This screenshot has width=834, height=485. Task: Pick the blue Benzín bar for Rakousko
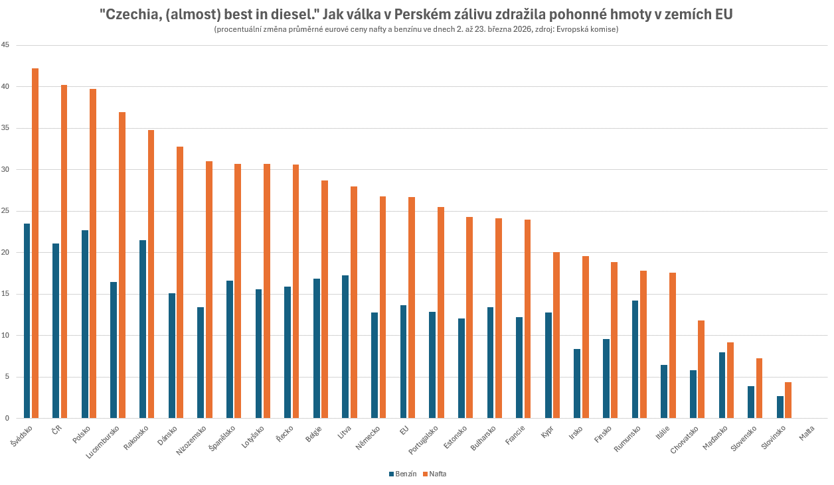pos(143,329)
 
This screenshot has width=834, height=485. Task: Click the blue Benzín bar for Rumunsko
pos(635,359)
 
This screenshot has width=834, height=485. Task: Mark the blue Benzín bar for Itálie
pos(664,391)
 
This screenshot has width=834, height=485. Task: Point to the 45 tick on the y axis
pos(5,45)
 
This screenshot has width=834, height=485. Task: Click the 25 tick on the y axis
pos(5,211)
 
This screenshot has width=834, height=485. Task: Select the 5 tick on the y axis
pos(7,377)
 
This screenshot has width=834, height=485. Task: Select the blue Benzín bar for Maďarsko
pos(722,385)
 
